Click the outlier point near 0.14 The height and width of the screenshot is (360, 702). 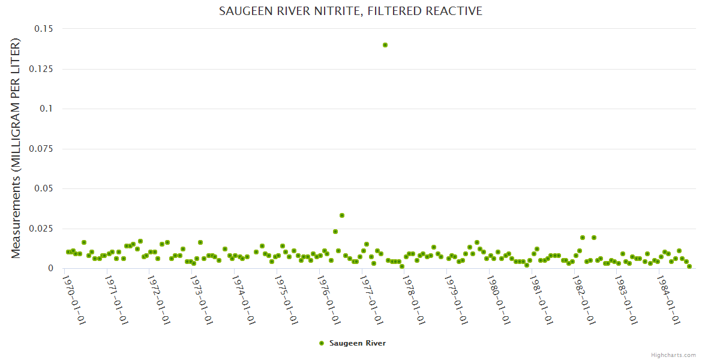(385, 45)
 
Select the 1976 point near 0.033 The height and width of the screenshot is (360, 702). (342, 215)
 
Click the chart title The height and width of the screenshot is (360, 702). (350, 11)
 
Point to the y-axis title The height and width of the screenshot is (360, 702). (16, 148)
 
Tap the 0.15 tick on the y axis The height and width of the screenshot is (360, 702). (43, 29)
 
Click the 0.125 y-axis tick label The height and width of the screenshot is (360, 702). (40, 69)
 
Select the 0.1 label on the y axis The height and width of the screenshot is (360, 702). (46, 109)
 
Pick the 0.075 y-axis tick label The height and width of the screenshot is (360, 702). (40, 149)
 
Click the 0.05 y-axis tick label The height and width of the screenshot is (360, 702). (43, 188)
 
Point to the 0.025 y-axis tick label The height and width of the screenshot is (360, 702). (40, 229)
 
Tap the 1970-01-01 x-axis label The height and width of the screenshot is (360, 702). (76, 298)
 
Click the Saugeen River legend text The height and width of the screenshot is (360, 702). (358, 343)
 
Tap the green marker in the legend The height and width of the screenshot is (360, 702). (322, 343)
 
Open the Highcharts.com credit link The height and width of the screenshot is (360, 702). (673, 355)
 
